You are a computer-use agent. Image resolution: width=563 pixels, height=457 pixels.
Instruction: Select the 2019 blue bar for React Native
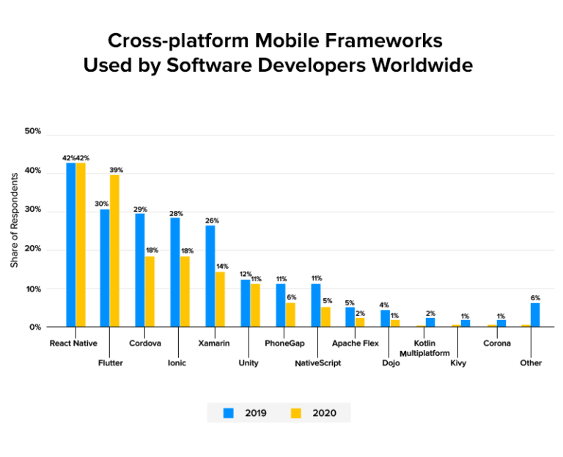point(71,245)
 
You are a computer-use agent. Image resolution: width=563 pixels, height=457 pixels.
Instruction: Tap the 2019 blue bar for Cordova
point(139,270)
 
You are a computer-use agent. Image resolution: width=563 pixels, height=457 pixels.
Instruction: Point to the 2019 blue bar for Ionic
point(174,272)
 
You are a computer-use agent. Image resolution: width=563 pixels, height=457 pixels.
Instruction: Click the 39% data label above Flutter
point(115,170)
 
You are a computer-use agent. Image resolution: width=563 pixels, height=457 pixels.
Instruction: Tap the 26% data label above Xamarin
point(212,220)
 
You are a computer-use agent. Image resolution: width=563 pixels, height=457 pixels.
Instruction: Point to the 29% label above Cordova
point(139,209)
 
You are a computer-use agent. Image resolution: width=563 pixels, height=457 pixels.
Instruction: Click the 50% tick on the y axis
point(33,132)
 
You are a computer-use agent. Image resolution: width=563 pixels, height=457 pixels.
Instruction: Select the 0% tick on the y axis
point(35,327)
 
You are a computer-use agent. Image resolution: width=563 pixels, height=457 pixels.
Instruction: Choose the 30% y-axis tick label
point(33,211)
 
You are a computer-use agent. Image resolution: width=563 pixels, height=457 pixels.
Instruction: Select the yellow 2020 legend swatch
point(296,413)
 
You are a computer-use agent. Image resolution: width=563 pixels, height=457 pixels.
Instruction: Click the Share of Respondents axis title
point(15,220)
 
